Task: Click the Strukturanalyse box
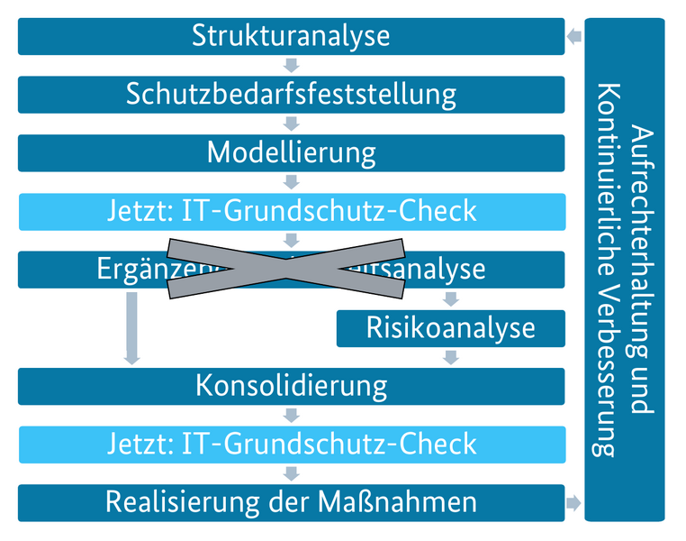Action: (291, 36)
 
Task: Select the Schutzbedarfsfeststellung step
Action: (291, 94)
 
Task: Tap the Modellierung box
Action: (291, 152)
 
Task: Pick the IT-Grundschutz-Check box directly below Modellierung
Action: (291, 211)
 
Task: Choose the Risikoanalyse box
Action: (450, 328)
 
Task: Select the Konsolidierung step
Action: (291, 386)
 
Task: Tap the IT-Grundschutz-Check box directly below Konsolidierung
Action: (291, 444)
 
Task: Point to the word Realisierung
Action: (181, 502)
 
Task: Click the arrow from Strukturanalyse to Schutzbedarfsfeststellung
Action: (291, 65)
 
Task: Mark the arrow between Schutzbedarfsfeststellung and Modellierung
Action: (291, 124)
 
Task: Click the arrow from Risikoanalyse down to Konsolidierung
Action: (451, 357)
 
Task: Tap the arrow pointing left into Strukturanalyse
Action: (574, 37)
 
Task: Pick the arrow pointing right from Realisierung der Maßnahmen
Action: (573, 502)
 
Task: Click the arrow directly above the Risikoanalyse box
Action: (451, 298)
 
